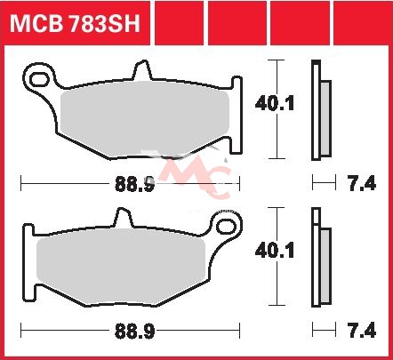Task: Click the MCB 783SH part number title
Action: (75, 24)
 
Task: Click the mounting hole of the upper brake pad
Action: (39, 79)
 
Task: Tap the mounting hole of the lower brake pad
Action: (226, 227)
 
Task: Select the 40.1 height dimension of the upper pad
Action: (275, 104)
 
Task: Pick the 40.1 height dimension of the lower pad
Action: (275, 251)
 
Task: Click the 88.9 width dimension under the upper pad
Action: (135, 184)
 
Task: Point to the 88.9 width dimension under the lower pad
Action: (135, 332)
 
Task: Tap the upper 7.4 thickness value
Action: (362, 183)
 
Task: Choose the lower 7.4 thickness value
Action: (362, 331)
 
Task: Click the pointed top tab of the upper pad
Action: (143, 70)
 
